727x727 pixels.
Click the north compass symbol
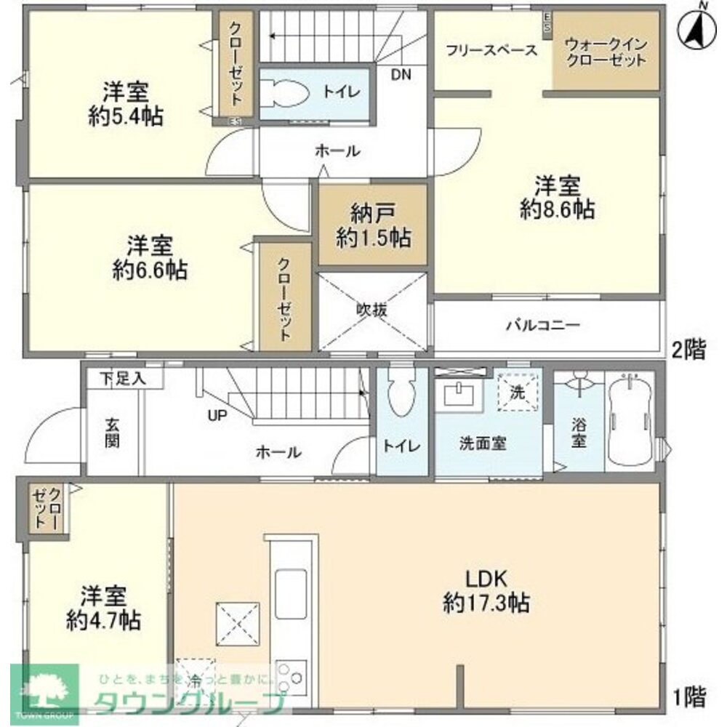(x=695, y=26)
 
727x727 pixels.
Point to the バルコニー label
(x=543, y=325)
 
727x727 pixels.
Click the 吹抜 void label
(x=371, y=309)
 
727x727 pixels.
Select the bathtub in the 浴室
(x=632, y=421)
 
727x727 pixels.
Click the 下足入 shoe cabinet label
(x=122, y=378)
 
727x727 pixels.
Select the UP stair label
(x=217, y=415)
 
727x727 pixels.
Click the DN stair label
(x=400, y=73)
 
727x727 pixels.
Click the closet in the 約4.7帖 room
(x=45, y=507)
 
